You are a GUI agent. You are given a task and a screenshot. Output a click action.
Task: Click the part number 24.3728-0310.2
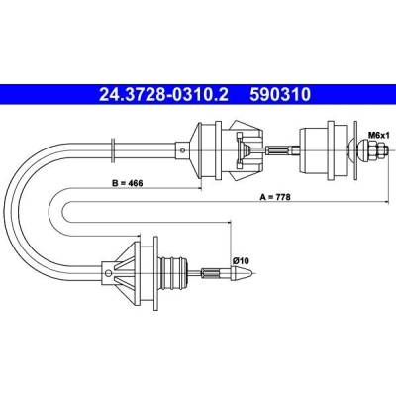(x=163, y=95)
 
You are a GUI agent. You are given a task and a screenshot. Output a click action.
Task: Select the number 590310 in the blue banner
(x=280, y=95)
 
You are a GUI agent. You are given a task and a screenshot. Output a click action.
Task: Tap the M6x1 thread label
(x=379, y=135)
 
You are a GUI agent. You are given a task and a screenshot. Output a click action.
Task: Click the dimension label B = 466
(x=127, y=183)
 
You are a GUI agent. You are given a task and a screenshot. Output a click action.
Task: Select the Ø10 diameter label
(x=241, y=260)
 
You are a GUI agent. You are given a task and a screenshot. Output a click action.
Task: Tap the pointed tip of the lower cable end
(x=252, y=273)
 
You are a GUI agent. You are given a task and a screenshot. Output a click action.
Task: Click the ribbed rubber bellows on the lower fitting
(x=172, y=272)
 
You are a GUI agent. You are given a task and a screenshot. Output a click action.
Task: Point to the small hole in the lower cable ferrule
(x=108, y=273)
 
